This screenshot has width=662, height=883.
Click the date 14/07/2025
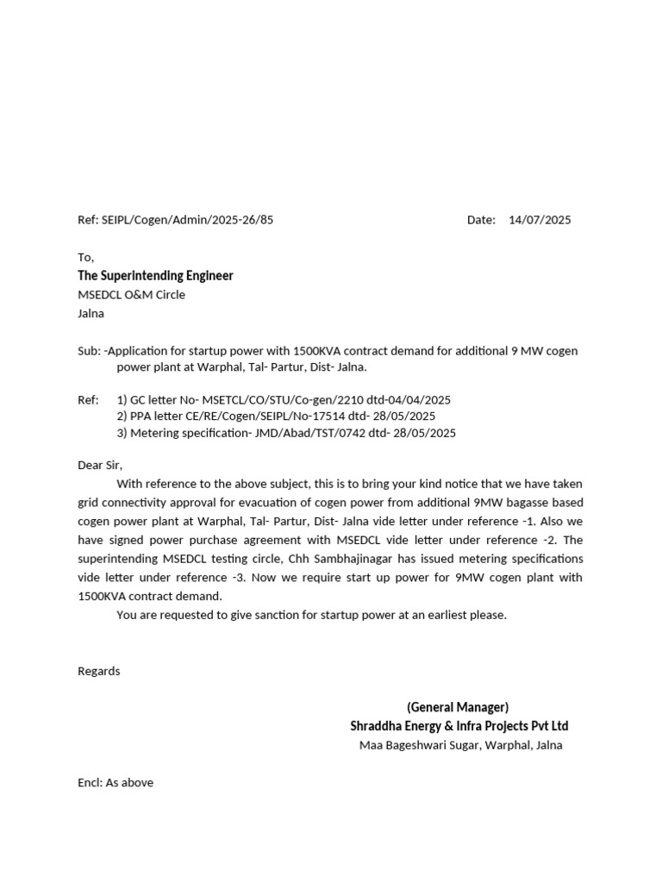point(540,220)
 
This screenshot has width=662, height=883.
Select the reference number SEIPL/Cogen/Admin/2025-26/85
point(188,220)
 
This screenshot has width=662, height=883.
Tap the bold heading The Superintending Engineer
point(155,276)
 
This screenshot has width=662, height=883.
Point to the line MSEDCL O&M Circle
point(131,295)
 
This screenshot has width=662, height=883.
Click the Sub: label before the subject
point(89,351)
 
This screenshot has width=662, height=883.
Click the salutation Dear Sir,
point(100,465)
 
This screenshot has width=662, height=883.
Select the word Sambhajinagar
point(341,559)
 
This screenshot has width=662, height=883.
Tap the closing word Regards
point(99,671)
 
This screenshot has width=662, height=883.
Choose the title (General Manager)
point(458,707)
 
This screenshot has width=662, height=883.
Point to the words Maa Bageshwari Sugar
point(414,745)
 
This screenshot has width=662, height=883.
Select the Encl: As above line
point(116,783)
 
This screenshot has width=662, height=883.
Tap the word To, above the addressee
point(85,257)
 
